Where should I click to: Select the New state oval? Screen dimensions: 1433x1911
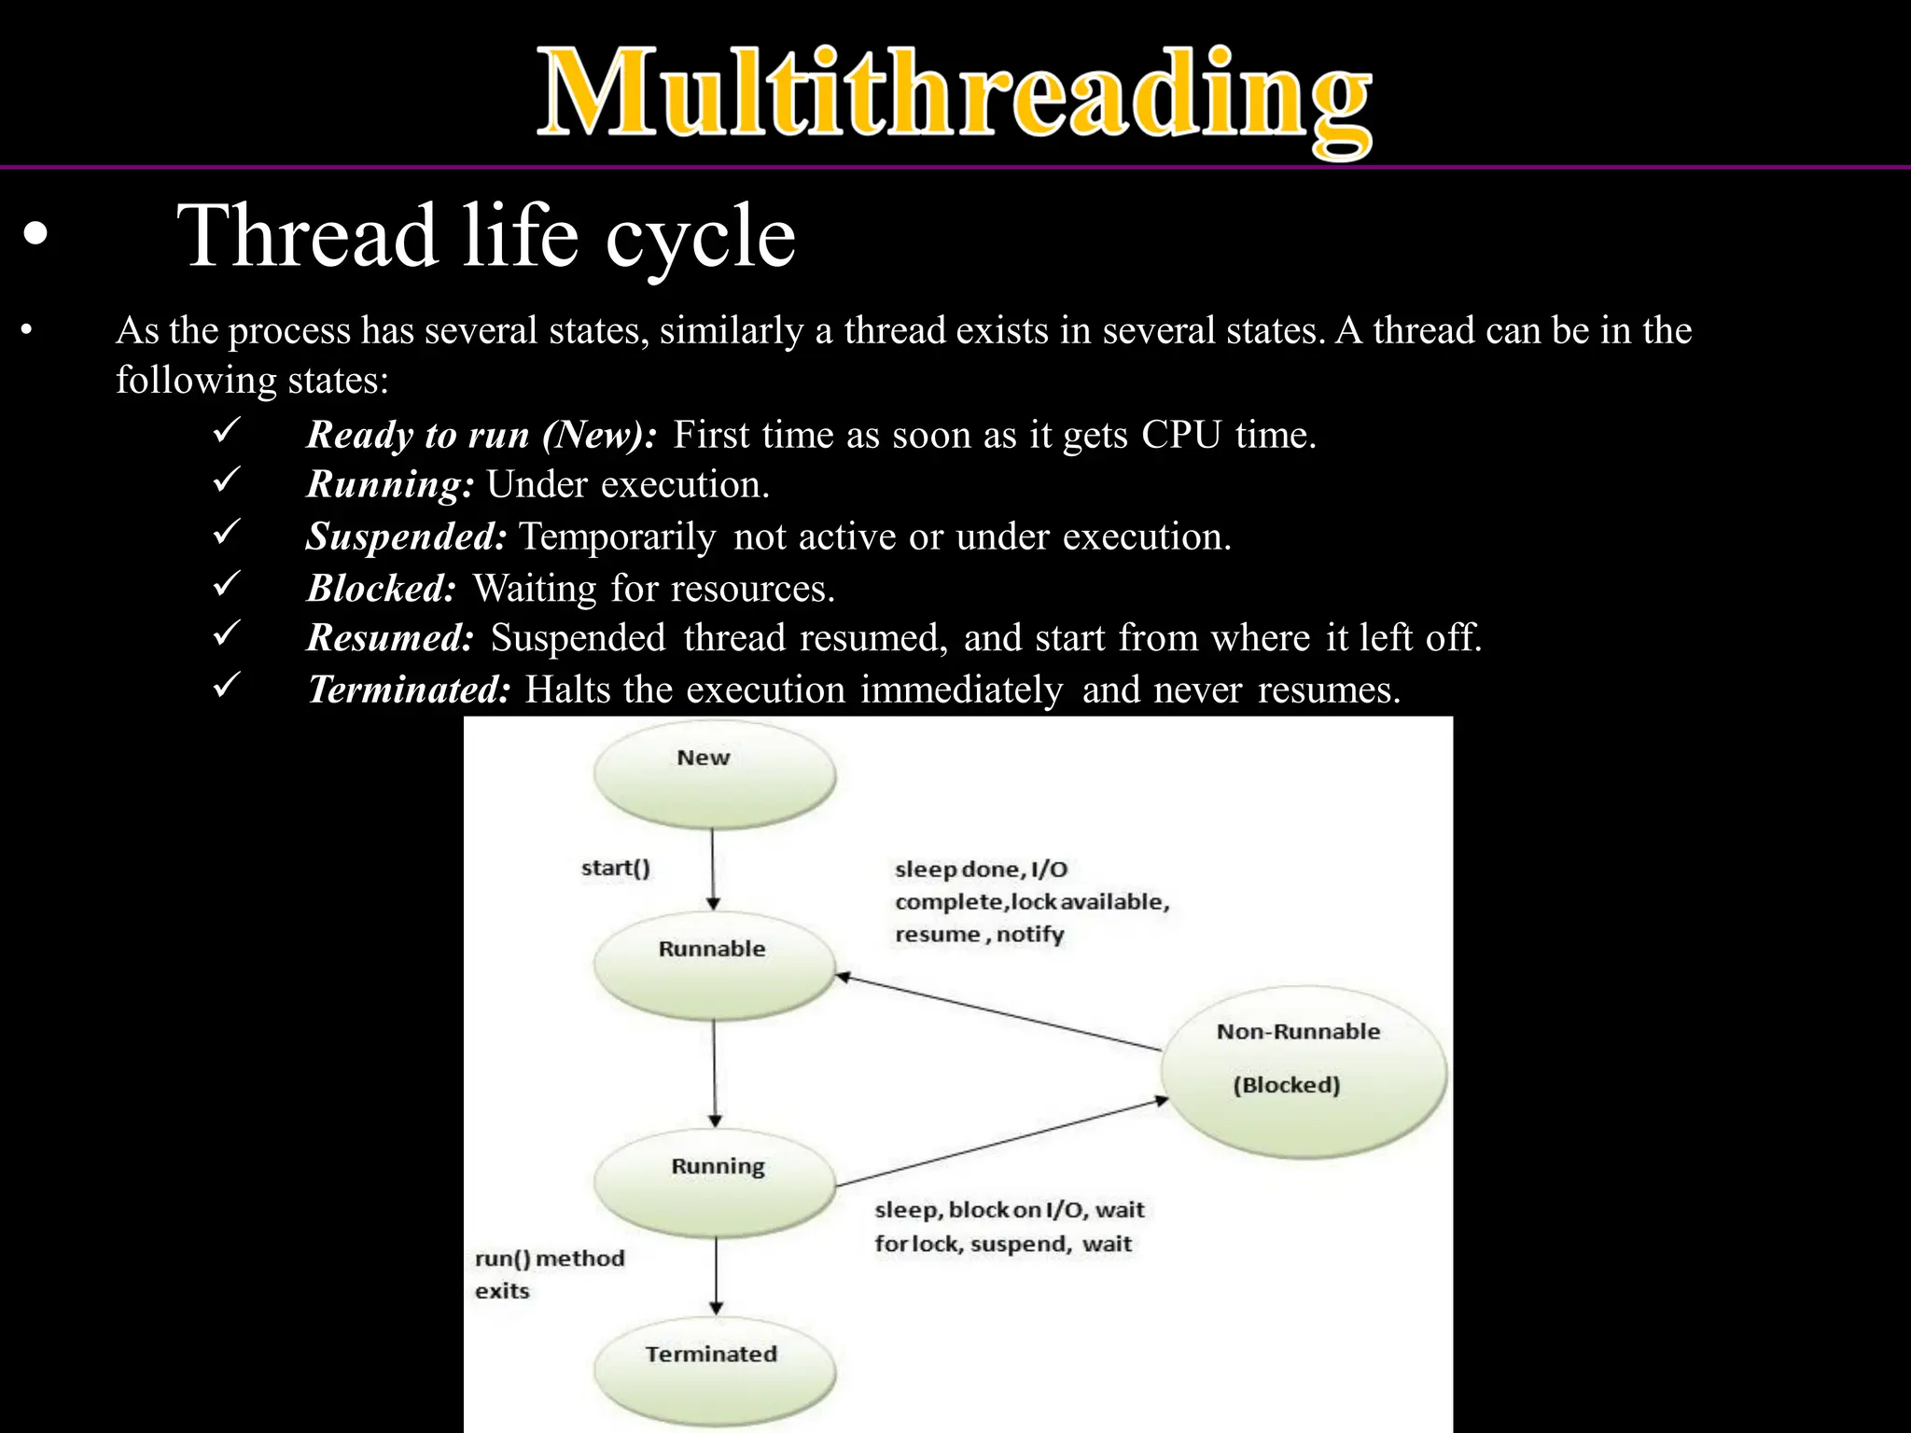point(715,774)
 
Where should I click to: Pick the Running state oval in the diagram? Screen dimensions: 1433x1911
point(715,1183)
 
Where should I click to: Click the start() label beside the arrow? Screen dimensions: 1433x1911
point(616,868)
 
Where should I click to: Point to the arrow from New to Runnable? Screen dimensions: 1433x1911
point(713,868)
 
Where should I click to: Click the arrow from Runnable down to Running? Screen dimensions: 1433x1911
point(715,1073)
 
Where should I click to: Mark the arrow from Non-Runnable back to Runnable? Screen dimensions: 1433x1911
point(998,1013)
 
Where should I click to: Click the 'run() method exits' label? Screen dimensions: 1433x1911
point(549,1274)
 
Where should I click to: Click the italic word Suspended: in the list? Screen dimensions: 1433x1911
point(407,536)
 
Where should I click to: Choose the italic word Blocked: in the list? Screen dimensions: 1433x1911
point(382,589)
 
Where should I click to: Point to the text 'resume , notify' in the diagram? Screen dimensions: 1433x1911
point(979,934)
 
